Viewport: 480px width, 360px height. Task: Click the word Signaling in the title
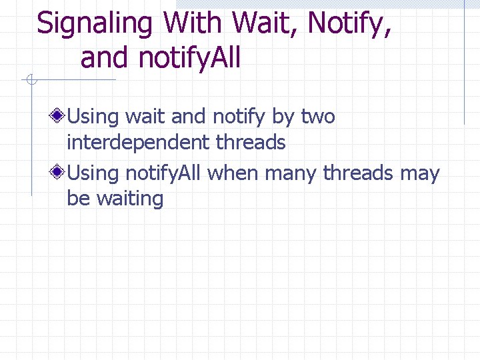pos(95,24)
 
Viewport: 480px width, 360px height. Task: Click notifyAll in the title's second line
pos(189,58)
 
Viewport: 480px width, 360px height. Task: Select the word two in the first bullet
pos(318,117)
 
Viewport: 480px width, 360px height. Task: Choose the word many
pos(291,174)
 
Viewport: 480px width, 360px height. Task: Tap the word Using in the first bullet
pos(93,117)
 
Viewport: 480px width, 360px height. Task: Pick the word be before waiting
pos(79,199)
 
